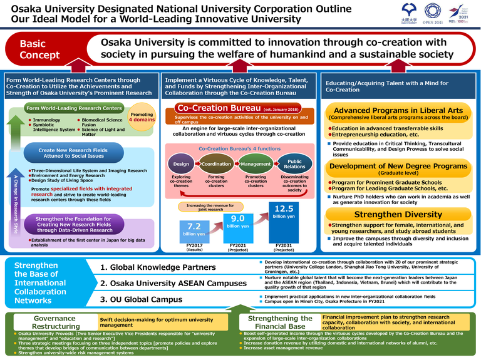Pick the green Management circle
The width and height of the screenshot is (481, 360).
tap(255, 164)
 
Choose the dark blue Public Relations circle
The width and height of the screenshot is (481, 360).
tap(294, 164)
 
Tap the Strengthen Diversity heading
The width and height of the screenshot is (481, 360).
tap(390, 215)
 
